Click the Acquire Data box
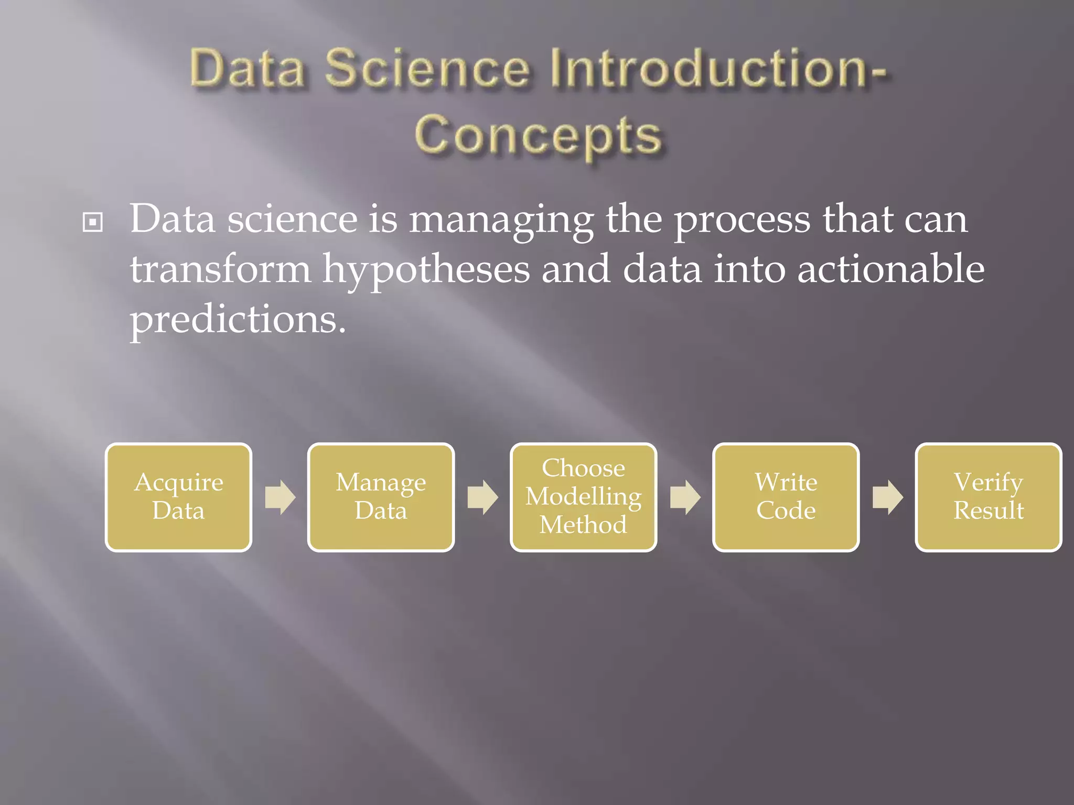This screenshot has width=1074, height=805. pyautogui.click(x=178, y=497)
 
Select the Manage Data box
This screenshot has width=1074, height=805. pyautogui.click(x=381, y=497)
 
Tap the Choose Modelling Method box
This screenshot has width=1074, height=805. pyautogui.click(x=583, y=497)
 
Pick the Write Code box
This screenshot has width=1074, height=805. pyautogui.click(x=786, y=497)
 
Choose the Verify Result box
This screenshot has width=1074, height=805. pyautogui.click(x=989, y=497)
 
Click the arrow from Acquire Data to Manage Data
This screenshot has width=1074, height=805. pyautogui.click(x=280, y=497)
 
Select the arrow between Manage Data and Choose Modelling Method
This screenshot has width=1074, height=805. pyautogui.click(x=482, y=497)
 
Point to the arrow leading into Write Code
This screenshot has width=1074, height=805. pyautogui.click(x=685, y=497)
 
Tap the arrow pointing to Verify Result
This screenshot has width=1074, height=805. pyautogui.click(x=887, y=497)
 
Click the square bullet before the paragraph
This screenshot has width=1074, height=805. pyautogui.click(x=93, y=222)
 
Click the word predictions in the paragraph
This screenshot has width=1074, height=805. pyautogui.click(x=238, y=320)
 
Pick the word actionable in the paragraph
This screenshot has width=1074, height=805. pyautogui.click(x=890, y=268)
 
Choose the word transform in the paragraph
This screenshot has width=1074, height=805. pyautogui.click(x=220, y=268)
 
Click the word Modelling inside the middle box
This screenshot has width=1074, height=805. pyautogui.click(x=583, y=497)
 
